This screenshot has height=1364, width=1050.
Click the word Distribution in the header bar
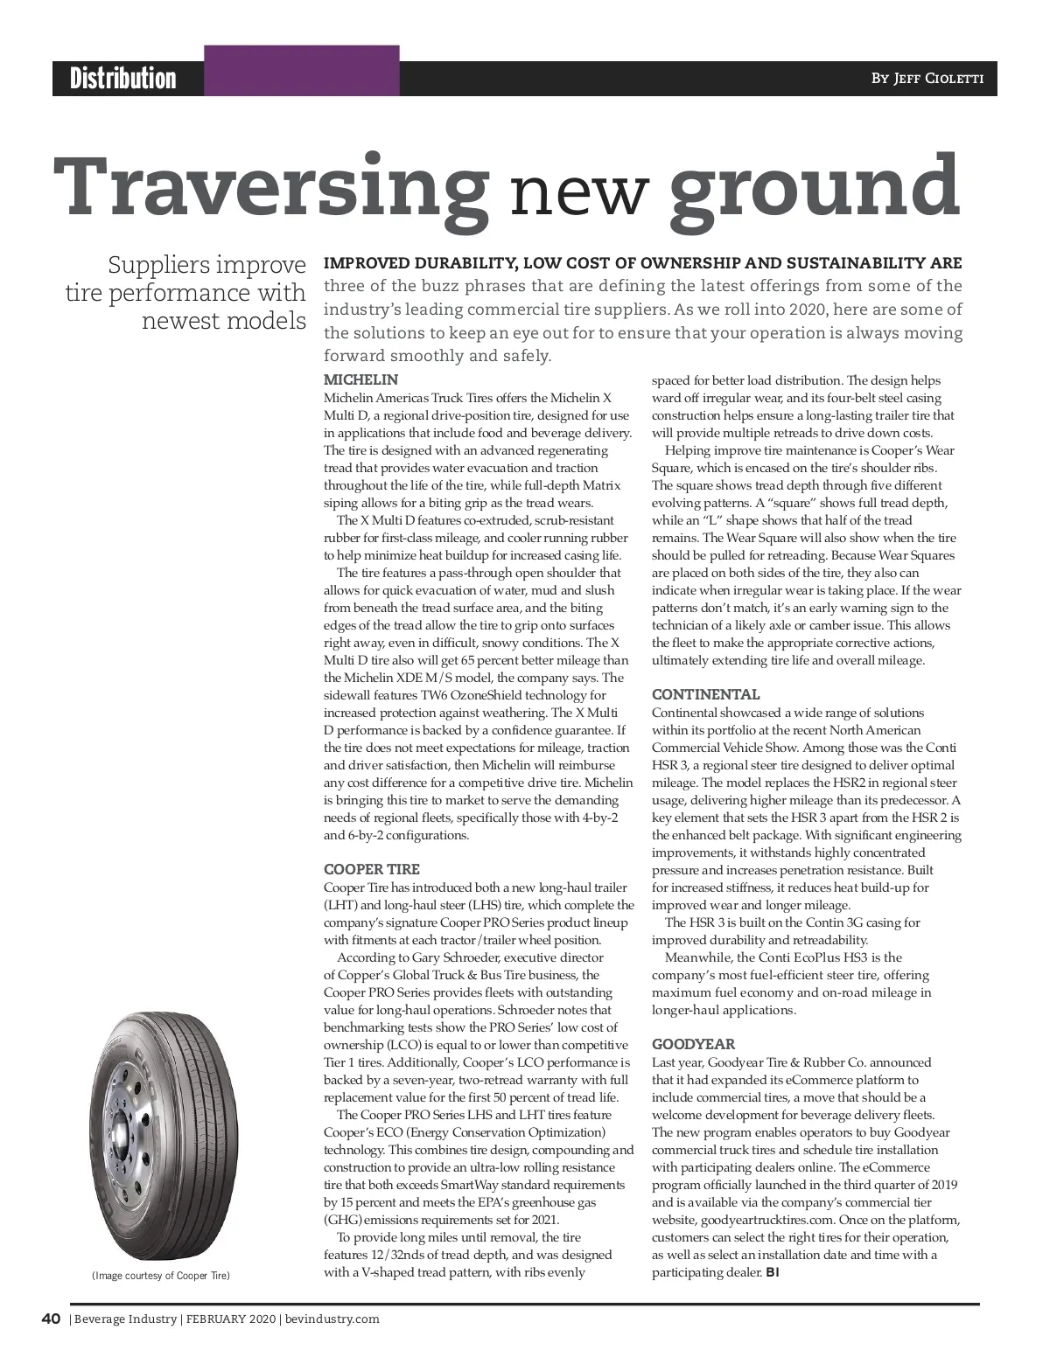tap(123, 79)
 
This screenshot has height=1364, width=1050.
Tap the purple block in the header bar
tap(302, 71)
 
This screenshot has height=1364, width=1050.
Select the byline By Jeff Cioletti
tap(927, 79)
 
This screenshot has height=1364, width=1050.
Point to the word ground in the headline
tap(815, 188)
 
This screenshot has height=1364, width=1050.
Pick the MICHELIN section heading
tap(360, 380)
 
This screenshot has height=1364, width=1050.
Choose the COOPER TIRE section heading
tap(372, 870)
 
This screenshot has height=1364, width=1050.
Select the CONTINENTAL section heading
tap(705, 695)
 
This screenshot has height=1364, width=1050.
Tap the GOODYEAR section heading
tap(693, 1045)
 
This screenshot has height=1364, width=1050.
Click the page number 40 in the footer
tap(50, 1319)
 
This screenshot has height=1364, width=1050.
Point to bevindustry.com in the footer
tap(332, 1319)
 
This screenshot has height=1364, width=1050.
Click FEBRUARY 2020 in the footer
tap(230, 1319)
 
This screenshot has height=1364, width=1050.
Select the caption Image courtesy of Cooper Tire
tap(161, 1276)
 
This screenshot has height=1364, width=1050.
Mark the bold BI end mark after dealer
tap(772, 1272)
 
